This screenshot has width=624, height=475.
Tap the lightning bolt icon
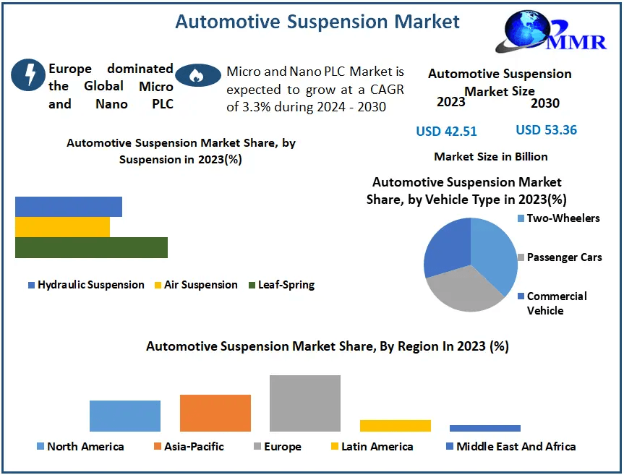(x=30, y=74)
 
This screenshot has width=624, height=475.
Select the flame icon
(x=198, y=74)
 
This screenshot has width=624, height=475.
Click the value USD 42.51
(x=446, y=131)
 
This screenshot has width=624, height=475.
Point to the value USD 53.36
(x=546, y=130)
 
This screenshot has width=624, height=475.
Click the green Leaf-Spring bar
(x=91, y=247)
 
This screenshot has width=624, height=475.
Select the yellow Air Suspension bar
(x=62, y=227)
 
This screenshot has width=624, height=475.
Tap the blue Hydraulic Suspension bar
(x=69, y=207)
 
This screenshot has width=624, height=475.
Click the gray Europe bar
(x=304, y=403)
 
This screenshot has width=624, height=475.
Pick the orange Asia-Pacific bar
(x=215, y=413)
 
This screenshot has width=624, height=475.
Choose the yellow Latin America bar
(x=395, y=425)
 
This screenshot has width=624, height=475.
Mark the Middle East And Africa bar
(x=484, y=428)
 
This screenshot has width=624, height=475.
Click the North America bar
(x=125, y=416)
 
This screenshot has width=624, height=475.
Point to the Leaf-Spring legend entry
(x=281, y=285)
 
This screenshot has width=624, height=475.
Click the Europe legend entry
(x=277, y=447)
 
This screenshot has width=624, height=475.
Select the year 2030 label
(x=544, y=103)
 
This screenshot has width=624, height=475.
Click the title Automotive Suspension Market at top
(x=317, y=22)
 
